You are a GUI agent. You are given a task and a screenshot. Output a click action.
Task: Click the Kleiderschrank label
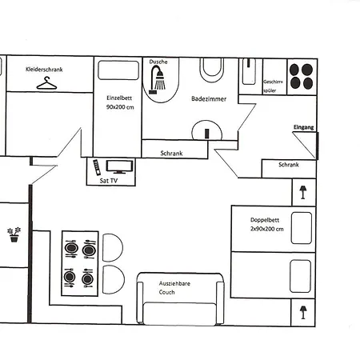tap(45, 70)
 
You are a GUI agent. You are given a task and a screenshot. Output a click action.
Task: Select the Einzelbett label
tap(118, 98)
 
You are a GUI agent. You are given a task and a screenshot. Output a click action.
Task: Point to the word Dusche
tap(158, 62)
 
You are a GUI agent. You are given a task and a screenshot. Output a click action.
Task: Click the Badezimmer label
tap(209, 99)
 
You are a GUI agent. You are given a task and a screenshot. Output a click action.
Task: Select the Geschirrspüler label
tap(273, 86)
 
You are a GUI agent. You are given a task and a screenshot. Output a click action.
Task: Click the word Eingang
tap(304, 126)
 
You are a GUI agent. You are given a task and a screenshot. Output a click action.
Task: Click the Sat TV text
tap(108, 181)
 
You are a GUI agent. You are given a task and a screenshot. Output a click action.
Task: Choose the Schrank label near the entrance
tap(289, 165)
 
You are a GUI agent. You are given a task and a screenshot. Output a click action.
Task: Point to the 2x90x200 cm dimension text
tap(266, 229)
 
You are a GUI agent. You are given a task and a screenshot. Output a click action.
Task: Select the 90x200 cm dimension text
tap(119, 107)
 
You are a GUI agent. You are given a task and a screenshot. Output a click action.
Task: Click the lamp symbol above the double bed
tap(303, 190)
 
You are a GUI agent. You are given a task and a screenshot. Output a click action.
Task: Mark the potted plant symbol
tap(13, 234)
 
